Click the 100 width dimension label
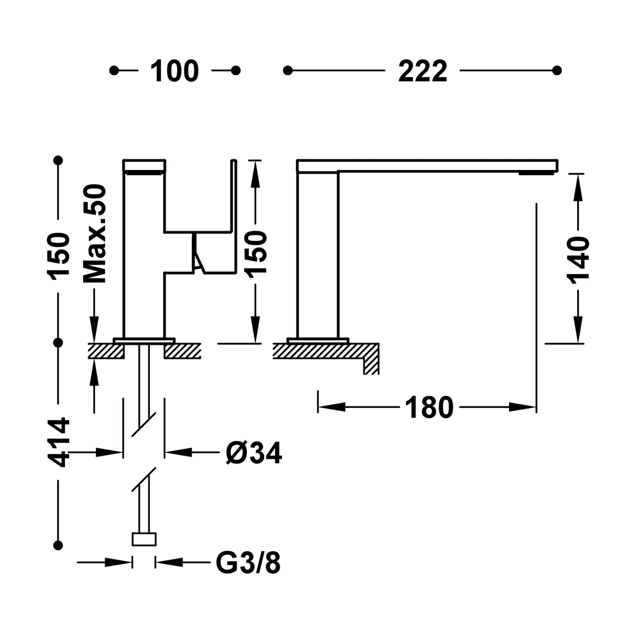pyautogui.click(x=174, y=71)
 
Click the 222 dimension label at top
pyautogui.click(x=422, y=71)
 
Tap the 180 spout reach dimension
pyautogui.click(x=429, y=407)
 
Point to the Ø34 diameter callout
pyautogui.click(x=254, y=453)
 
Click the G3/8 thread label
pyautogui.click(x=248, y=563)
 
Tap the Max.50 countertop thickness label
pyautogui.click(x=94, y=234)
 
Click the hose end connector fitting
pyautogui.click(x=144, y=539)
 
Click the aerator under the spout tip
pyautogui.click(x=537, y=173)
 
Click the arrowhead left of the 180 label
pyautogui.click(x=331, y=407)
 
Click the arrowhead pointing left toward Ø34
pyautogui.click(x=178, y=453)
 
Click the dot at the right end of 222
pyautogui.click(x=557, y=70)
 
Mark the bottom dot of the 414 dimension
pyautogui.click(x=59, y=544)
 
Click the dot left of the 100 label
pyautogui.click(x=114, y=70)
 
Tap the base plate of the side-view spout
pyautogui.click(x=318, y=340)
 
